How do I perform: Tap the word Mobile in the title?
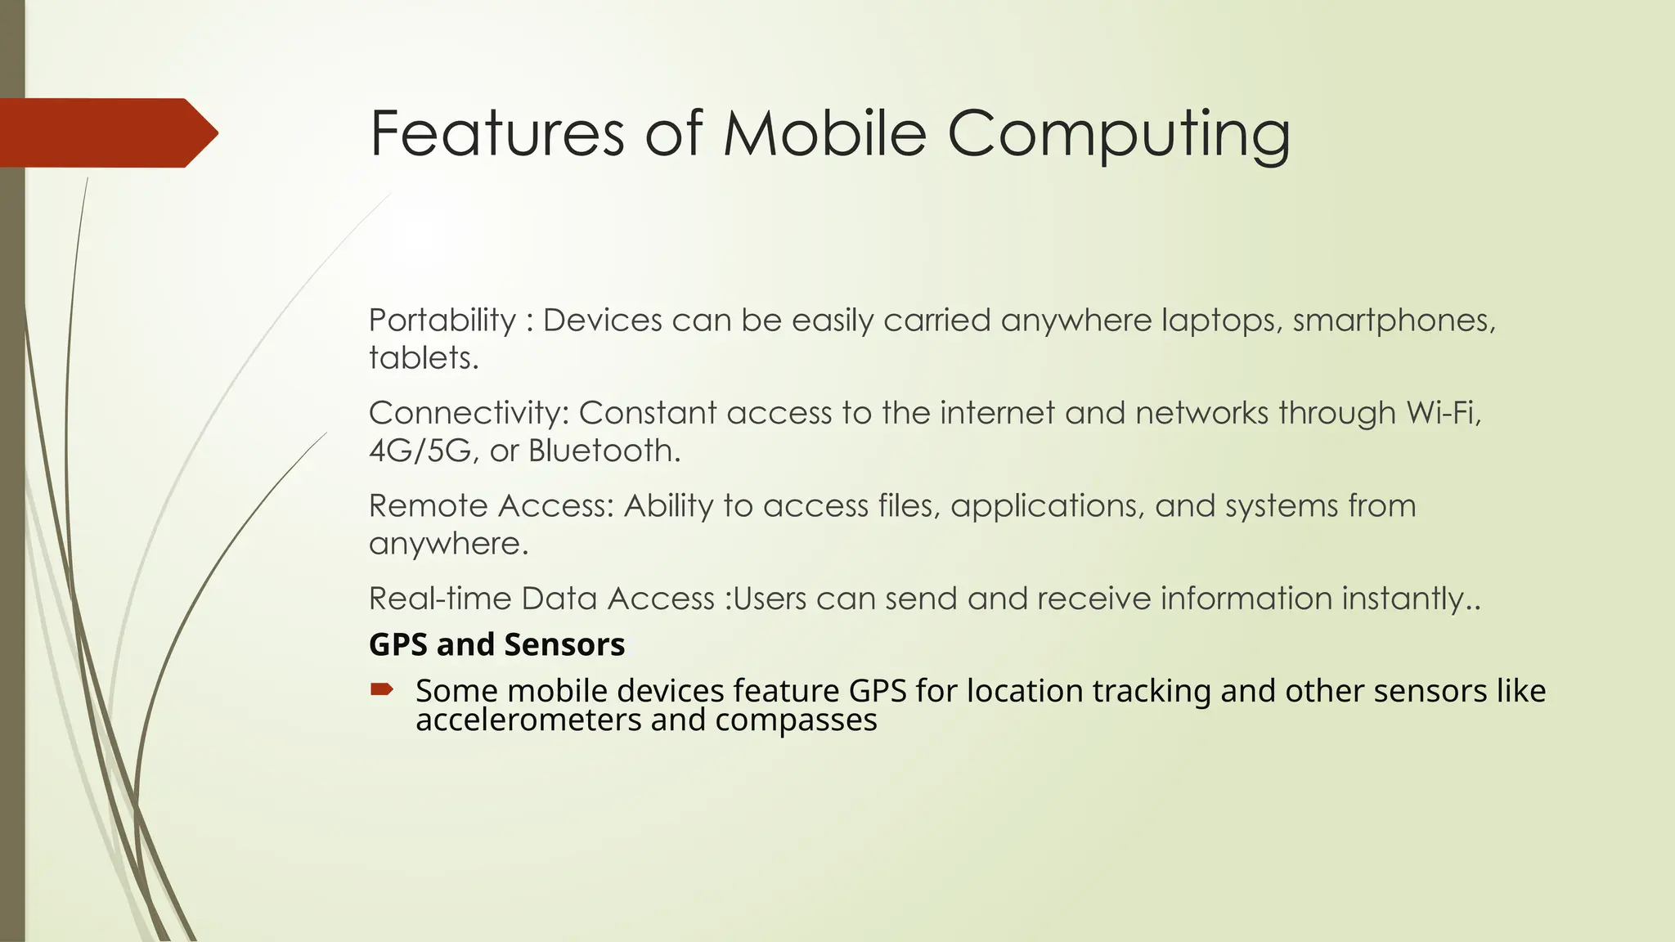pyautogui.click(x=824, y=133)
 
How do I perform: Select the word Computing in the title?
pyautogui.click(x=1119, y=135)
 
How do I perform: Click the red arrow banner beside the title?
pyautogui.click(x=106, y=132)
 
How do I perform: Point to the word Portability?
pyautogui.click(x=442, y=321)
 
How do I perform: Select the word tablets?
pyautogui.click(x=423, y=358)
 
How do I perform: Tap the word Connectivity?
pyautogui.click(x=469, y=413)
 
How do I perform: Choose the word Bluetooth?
pyautogui.click(x=604, y=451)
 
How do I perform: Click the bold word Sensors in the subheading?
pyautogui.click(x=564, y=645)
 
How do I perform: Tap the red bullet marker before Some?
pyautogui.click(x=381, y=690)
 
